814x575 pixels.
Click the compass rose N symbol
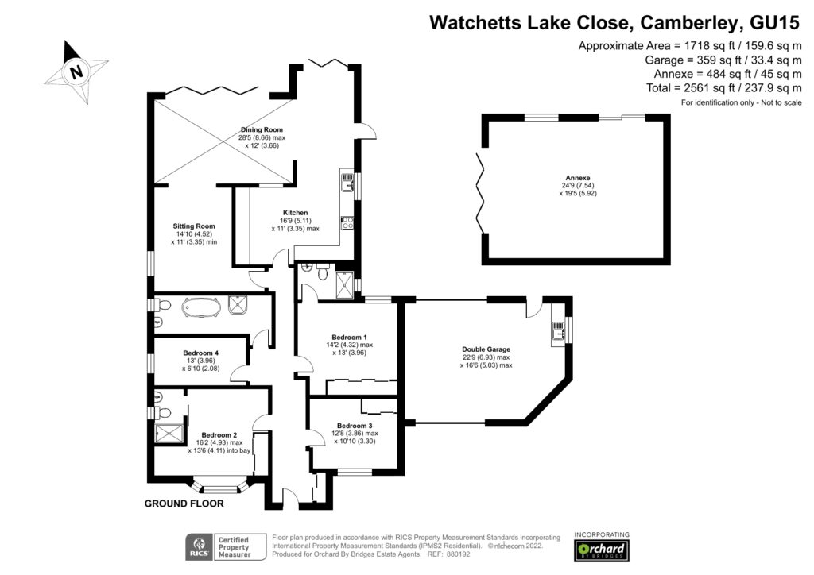[x=76, y=71]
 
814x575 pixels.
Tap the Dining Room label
[x=262, y=129]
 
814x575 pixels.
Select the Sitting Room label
[x=194, y=226]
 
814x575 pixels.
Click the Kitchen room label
[x=295, y=213]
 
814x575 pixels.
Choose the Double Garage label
[x=486, y=349]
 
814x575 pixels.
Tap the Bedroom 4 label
[x=200, y=353]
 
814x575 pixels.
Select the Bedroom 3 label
[x=354, y=426]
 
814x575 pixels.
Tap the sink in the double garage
[x=557, y=330]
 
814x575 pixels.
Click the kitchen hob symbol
[x=347, y=223]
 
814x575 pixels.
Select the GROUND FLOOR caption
[x=184, y=504]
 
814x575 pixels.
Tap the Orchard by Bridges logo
[x=602, y=550]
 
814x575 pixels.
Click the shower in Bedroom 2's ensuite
[x=169, y=434]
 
